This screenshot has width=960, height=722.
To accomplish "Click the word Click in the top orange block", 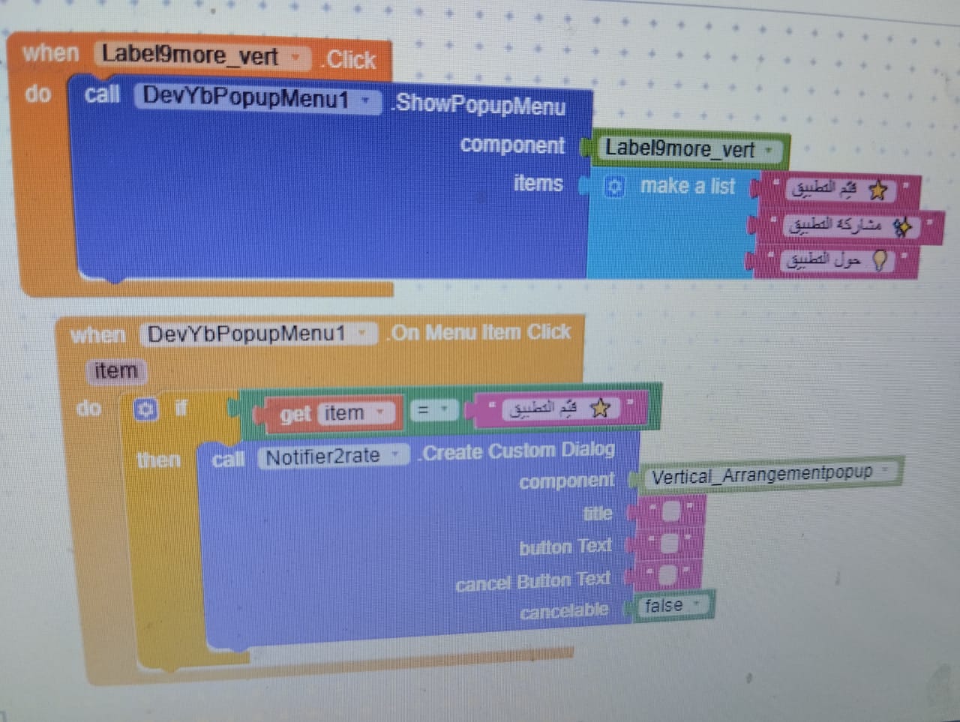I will [351, 60].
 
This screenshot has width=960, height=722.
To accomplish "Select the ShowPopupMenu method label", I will [480, 104].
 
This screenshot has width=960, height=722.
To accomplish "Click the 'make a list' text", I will [688, 186].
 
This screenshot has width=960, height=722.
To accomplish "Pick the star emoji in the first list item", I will [877, 190].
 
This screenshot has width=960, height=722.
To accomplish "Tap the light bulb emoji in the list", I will [879, 259].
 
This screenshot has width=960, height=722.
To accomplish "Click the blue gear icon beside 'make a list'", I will [613, 187].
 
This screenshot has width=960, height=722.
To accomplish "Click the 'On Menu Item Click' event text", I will [481, 332].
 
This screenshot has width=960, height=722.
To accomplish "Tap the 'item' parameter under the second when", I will [115, 370].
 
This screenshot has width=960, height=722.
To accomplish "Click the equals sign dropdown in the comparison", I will [433, 410].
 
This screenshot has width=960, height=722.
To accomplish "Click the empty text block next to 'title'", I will [670, 511].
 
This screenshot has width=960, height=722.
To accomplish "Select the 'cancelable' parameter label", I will [564, 612].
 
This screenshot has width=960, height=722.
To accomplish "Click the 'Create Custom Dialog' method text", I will [518, 451].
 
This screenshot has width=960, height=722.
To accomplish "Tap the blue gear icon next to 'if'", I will [145, 409].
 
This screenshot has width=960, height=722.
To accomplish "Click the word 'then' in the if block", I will [158, 459].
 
